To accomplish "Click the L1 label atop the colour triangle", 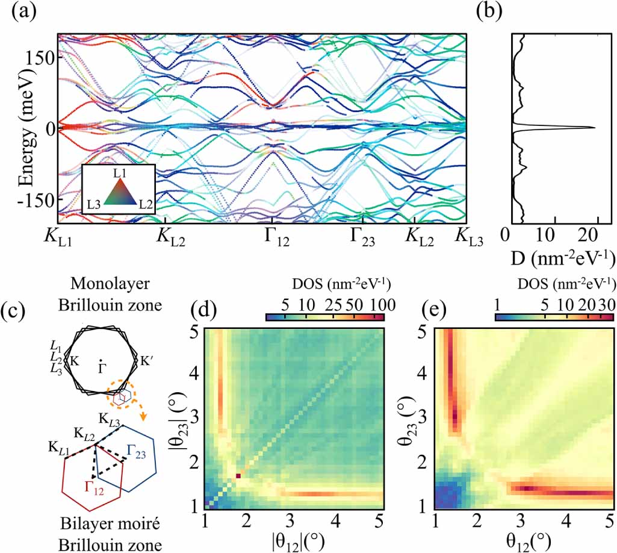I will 119,172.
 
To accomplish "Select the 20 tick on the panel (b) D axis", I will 596,234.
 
